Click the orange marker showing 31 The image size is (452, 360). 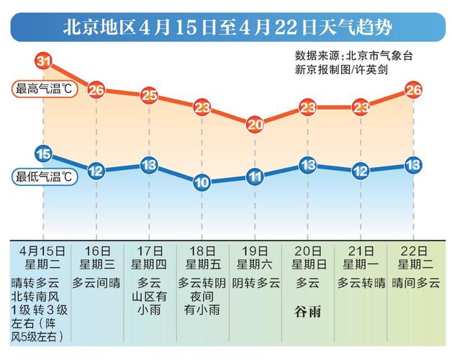43,61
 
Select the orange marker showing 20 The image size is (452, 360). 256,124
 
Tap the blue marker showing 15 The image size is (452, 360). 43,153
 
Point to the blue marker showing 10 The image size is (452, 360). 202,182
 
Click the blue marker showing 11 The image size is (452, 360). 256,176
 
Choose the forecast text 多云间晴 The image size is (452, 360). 96,282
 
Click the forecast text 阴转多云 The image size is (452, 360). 256,282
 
